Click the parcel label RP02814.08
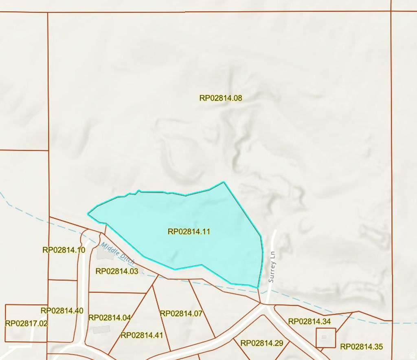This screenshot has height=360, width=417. [221, 98]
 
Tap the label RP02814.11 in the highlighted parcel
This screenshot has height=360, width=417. [189, 232]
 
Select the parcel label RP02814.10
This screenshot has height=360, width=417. [64, 250]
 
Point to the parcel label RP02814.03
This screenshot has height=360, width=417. [117, 271]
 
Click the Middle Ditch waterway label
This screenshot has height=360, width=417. [118, 254]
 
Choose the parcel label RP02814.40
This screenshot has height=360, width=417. [62, 311]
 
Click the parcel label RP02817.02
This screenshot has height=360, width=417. [26, 323]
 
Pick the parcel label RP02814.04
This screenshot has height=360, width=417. [110, 318]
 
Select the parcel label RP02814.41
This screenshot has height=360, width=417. [142, 335]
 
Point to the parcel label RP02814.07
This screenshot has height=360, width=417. [181, 314]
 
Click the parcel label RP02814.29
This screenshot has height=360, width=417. [262, 343]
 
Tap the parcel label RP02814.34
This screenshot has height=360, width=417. [309, 321]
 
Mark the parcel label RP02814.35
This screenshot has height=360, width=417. [362, 347]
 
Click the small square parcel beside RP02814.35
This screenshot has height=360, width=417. [326, 338]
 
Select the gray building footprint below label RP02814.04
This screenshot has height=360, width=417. [101, 329]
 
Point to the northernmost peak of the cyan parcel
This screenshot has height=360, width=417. [224, 182]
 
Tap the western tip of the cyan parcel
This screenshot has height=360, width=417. [88, 213]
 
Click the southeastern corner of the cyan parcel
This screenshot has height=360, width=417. [257, 287]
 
